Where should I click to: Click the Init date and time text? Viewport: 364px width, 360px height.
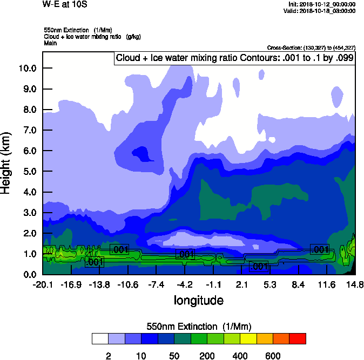(x=322, y=4)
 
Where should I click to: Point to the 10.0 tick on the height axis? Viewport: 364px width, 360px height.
(x=27, y=68)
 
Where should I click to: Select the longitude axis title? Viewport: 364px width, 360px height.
(x=199, y=300)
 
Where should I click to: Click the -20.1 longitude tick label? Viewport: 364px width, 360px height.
(x=42, y=284)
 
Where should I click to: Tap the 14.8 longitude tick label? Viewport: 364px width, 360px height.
(x=355, y=284)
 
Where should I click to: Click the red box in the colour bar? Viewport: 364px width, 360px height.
(x=297, y=338)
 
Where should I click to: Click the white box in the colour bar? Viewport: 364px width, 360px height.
(x=100, y=338)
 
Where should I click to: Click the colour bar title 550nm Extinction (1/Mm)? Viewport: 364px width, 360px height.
(x=199, y=326)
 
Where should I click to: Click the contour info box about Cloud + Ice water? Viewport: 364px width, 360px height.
(x=235, y=58)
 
